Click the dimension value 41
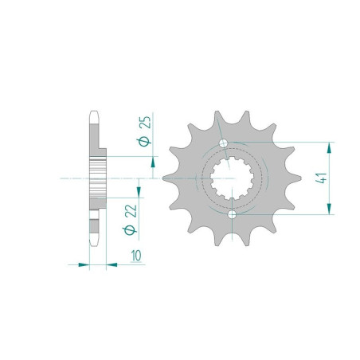click(x=321, y=178)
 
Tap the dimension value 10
click(x=136, y=256)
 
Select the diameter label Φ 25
click(x=145, y=131)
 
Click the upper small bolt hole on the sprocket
click(x=223, y=143)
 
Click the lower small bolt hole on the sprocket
click(x=232, y=214)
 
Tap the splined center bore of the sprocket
click(x=232, y=178)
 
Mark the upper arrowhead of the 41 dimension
click(x=329, y=147)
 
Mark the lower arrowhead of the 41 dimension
click(x=329, y=209)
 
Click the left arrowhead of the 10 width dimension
click(x=84, y=264)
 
